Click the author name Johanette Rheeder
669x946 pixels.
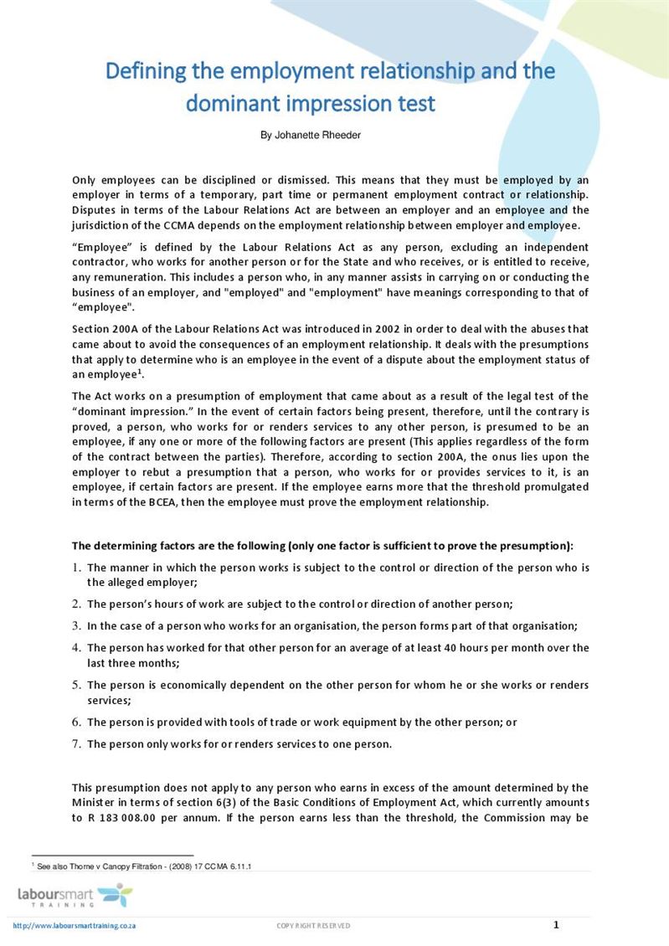pos(311,135)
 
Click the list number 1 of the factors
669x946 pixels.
pos(76,568)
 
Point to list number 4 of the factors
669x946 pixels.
pos(76,647)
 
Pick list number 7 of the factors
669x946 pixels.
pos(76,743)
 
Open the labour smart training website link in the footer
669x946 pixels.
pos(75,925)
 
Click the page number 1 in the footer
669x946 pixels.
pos(556,924)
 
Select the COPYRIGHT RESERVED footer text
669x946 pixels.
pos(313,925)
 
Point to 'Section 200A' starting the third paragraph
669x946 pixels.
pos(105,329)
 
